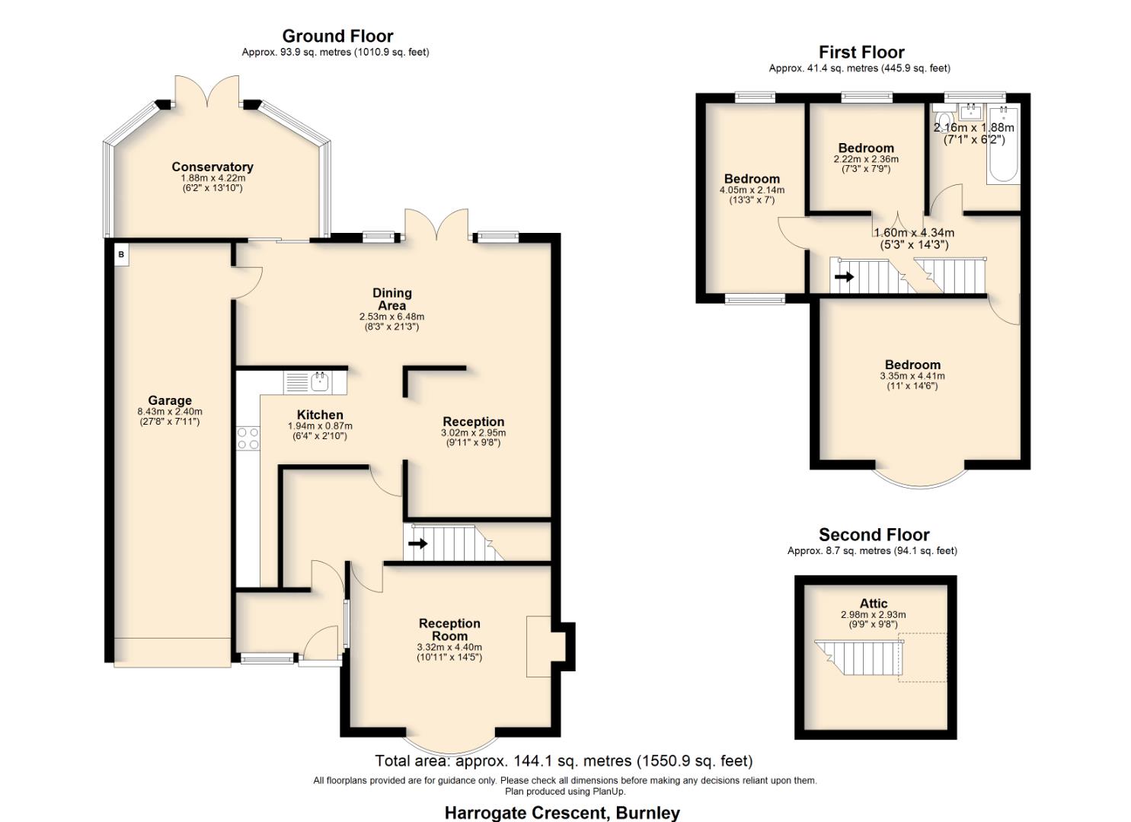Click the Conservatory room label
[x=212, y=167]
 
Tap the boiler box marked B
[x=121, y=254]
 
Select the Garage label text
[x=170, y=400]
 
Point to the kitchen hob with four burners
[x=248, y=438]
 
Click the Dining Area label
[x=391, y=299]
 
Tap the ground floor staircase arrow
[x=417, y=543]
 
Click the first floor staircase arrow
[x=844, y=277]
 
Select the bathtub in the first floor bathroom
[x=1003, y=148]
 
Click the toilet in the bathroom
[x=944, y=123]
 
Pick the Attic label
[x=874, y=604]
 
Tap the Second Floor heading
[x=874, y=534]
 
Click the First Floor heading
[x=861, y=52]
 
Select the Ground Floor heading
[x=337, y=36]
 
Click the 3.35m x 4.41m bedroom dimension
[x=912, y=376]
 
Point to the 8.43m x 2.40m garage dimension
[x=170, y=412]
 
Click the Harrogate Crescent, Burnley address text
[x=562, y=812]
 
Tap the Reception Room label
[x=449, y=629]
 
